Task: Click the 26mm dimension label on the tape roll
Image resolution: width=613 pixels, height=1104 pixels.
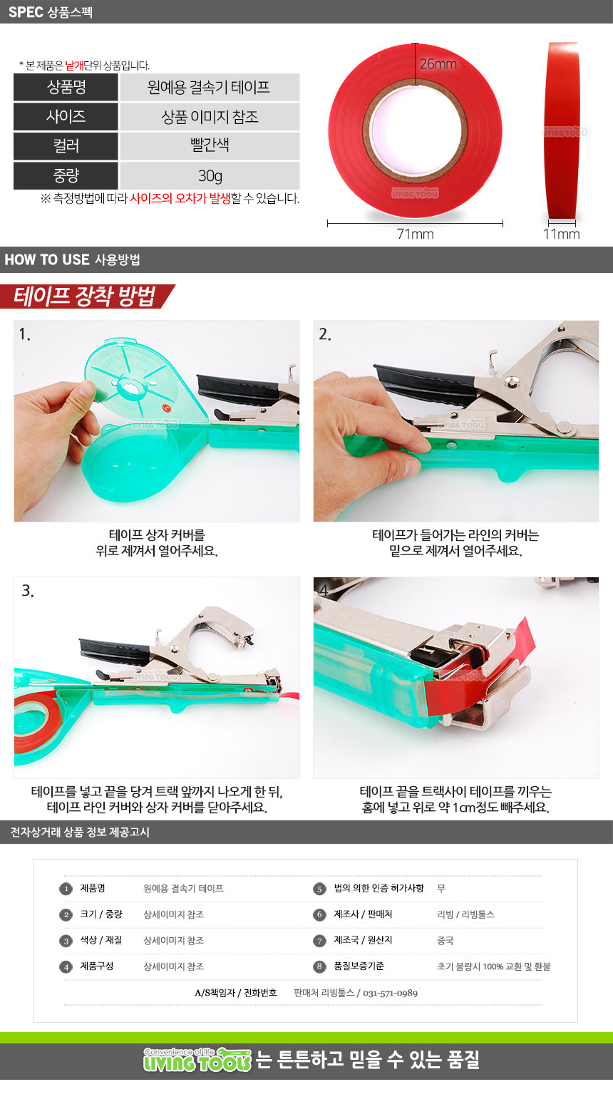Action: click(x=438, y=64)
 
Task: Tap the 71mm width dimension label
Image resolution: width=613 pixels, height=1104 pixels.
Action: click(x=416, y=234)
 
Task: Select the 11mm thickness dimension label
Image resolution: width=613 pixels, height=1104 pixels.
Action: click(x=561, y=234)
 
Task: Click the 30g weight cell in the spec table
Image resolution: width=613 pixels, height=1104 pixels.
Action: click(x=210, y=175)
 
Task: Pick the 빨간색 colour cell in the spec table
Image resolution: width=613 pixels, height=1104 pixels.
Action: click(x=210, y=145)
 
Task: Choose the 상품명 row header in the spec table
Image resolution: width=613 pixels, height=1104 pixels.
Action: click(x=66, y=87)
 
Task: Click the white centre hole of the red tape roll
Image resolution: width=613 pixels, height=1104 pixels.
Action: click(x=416, y=131)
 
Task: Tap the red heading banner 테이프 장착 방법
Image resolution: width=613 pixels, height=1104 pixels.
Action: click(x=85, y=296)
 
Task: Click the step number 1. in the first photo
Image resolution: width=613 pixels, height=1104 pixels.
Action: click(x=25, y=334)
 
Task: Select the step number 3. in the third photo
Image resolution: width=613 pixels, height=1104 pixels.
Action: click(x=28, y=590)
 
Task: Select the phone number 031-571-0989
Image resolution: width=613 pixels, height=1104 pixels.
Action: click(x=391, y=993)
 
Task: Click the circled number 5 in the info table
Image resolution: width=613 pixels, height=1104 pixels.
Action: click(x=319, y=889)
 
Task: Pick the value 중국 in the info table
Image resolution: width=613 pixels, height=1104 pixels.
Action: click(x=445, y=940)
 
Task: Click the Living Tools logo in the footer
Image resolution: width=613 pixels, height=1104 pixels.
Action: click(x=197, y=1061)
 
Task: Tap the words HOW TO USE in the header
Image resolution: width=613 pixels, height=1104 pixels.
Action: click(x=47, y=259)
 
